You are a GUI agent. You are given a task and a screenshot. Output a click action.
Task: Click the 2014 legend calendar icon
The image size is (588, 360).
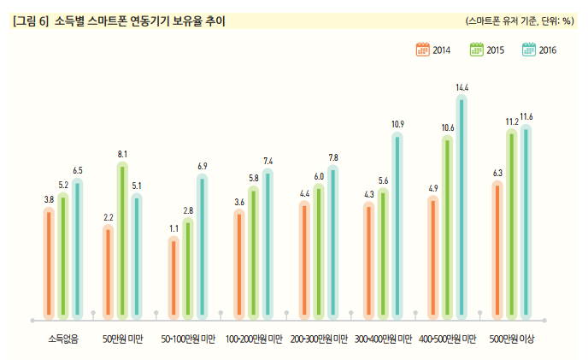coord(422,50)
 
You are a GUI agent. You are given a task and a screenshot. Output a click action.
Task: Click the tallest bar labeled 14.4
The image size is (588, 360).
coord(462,205)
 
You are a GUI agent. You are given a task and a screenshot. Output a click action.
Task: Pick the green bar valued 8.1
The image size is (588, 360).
coord(122,239)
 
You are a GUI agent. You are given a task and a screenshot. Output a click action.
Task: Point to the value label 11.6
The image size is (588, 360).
coord(526,116)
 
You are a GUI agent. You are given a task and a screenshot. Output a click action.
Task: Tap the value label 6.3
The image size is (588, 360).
coord(497,174)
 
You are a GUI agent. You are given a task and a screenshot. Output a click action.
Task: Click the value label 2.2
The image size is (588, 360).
coord(109,218)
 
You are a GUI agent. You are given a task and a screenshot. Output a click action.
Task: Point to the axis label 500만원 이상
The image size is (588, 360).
coord(512,339)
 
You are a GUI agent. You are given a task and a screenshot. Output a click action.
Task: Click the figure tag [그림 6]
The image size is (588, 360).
coord(30,20)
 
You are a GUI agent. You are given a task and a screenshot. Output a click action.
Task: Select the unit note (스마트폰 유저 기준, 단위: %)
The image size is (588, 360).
coord(520,20)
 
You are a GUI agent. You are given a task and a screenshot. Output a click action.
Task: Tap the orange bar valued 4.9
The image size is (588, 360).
coord(433,257)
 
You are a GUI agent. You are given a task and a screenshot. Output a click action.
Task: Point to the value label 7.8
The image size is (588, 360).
coord(332,158)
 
